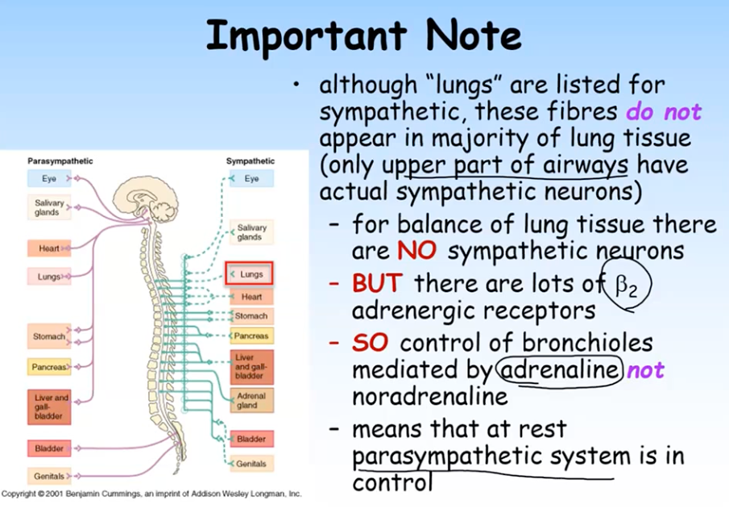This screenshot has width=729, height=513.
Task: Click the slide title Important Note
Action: tap(363, 35)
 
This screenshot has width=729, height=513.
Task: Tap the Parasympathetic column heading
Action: tap(60, 161)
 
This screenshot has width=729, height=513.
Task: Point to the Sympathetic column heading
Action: tap(250, 161)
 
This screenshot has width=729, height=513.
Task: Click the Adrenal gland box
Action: tap(250, 400)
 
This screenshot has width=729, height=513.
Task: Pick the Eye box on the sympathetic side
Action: tap(251, 178)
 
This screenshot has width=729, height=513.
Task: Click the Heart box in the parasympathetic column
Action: tap(49, 248)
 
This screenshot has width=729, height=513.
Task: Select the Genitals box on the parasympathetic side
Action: tap(48, 476)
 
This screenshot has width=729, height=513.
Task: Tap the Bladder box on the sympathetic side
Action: tap(251, 439)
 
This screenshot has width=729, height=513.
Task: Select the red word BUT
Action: tap(379, 283)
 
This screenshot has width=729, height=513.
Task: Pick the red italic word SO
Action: tap(371, 342)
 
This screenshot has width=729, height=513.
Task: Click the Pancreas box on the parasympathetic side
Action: tap(48, 367)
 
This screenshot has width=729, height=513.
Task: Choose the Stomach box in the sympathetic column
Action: tap(251, 316)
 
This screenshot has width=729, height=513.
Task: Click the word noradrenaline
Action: tap(430, 397)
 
